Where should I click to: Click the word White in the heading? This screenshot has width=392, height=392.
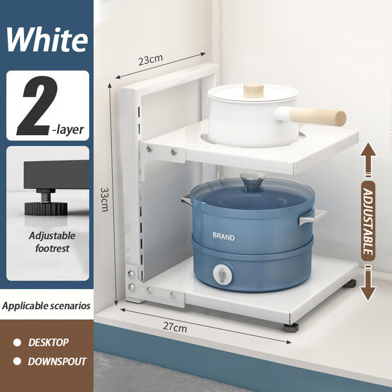pos(48,40)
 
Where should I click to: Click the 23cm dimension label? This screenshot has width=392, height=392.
pos(150,60)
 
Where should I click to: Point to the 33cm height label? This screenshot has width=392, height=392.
pos(104,199)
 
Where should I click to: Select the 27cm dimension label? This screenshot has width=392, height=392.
pos(175,327)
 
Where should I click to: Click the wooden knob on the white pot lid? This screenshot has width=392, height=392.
pos(253,90)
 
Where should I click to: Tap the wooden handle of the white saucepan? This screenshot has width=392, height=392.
pos(318,117)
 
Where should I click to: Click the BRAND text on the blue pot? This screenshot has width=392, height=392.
pos(223,236)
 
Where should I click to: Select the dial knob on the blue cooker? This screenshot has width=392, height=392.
pos(222,274)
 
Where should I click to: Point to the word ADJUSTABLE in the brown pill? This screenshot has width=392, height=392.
pos(368,221)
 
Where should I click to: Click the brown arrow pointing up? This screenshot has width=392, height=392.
pos(368,160)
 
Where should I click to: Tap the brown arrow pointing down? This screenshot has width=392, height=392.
pos(368,283)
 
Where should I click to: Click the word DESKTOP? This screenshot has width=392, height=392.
pos(48,342)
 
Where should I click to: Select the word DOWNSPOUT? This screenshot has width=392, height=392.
pos(57,362)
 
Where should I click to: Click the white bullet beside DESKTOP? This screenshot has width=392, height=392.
pos(17,343)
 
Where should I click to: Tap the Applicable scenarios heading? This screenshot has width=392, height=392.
pos(46,306)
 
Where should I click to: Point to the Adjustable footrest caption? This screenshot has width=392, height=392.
pos(52,242)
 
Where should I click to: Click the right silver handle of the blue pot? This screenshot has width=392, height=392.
pos(313,217)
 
